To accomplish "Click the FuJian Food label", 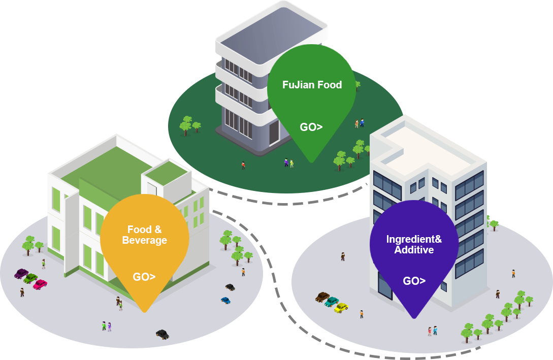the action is coord(312,85).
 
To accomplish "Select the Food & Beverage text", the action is coord(145,235).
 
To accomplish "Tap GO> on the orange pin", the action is coord(144,277).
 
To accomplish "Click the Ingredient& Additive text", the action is coord(414,244).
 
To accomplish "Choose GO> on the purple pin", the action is coord(414,281).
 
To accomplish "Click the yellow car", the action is coord(341,308).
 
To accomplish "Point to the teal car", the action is coord(332,302).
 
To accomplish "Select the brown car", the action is coord(322,297).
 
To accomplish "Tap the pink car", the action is coord(40,284).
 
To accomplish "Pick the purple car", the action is coord(21,274).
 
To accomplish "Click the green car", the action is coord(30,279).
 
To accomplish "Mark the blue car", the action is coord(225,301).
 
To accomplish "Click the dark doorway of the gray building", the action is coord(274,133).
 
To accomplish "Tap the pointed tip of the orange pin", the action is coord(144,312).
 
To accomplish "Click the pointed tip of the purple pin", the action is coord(414,318).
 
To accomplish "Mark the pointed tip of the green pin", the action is coord(312,162).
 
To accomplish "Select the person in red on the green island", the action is coord(243,165).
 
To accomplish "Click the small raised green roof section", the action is coord(167,173).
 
